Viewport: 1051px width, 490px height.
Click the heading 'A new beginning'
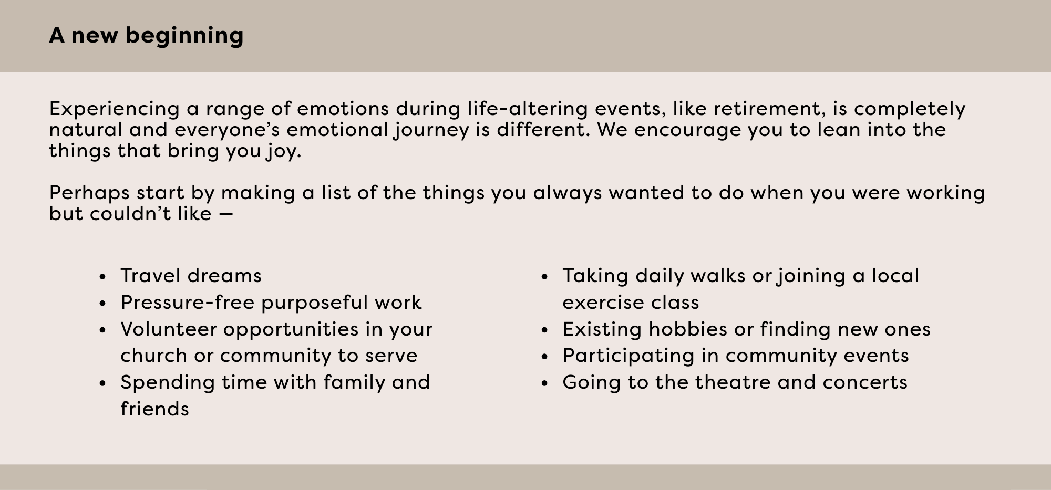[x=146, y=36]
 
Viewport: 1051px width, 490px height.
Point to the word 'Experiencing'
[x=115, y=109]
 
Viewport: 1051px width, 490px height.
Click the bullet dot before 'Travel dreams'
[x=103, y=277]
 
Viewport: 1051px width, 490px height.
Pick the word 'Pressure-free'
[x=187, y=303]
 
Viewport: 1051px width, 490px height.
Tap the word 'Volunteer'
[x=168, y=329]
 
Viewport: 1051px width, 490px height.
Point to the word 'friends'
[x=154, y=409]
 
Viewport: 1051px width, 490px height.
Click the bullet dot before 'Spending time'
[x=103, y=383]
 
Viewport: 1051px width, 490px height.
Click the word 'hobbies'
[x=688, y=329]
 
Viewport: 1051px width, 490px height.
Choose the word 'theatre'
[x=733, y=382]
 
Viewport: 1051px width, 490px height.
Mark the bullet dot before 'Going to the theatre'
[x=545, y=383]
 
